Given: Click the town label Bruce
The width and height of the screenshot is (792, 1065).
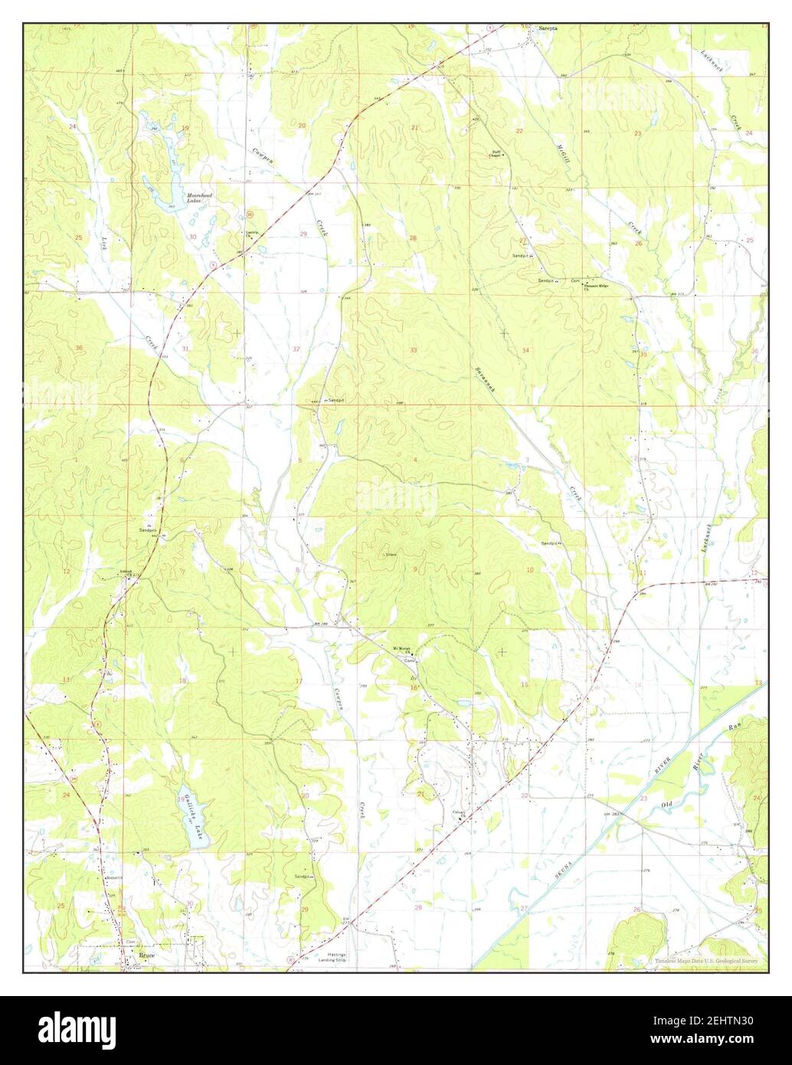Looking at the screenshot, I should click(147, 956).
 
